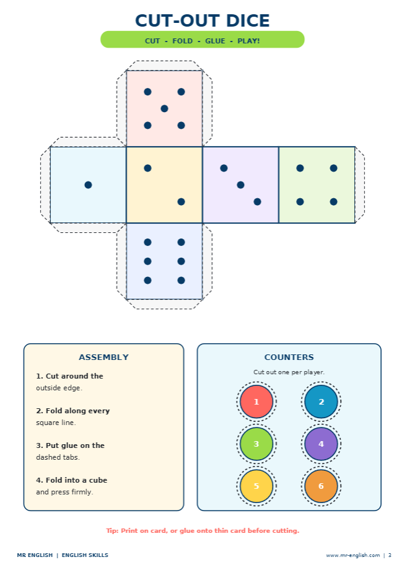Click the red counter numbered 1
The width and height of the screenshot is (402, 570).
click(x=256, y=401)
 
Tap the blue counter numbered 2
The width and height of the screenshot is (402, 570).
click(x=321, y=401)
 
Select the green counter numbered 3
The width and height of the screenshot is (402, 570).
click(x=256, y=444)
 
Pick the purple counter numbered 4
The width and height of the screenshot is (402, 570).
click(x=321, y=444)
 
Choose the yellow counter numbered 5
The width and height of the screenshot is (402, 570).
click(x=256, y=486)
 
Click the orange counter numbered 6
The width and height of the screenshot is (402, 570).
click(x=321, y=486)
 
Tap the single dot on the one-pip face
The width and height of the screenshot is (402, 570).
click(x=88, y=185)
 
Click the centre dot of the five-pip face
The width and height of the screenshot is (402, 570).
click(x=164, y=108)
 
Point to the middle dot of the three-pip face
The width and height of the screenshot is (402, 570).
click(x=240, y=185)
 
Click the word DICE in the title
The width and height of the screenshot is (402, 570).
click(x=248, y=20)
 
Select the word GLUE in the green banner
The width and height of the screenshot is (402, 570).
click(x=215, y=41)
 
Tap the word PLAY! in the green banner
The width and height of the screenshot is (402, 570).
click(x=248, y=41)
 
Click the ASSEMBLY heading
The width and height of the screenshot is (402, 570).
click(x=103, y=357)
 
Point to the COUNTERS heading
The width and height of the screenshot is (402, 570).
click(x=289, y=357)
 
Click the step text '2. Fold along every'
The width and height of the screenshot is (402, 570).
click(x=72, y=411)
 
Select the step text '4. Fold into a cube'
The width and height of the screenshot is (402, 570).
click(x=72, y=480)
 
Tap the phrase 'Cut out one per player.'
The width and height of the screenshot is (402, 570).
click(x=289, y=372)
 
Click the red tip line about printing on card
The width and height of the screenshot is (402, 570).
click(x=203, y=531)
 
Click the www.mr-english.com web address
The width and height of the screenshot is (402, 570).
click(x=353, y=555)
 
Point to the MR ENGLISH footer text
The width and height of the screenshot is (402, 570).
click(x=35, y=555)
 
